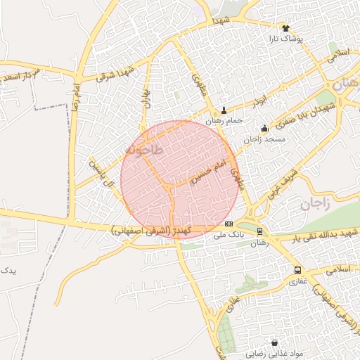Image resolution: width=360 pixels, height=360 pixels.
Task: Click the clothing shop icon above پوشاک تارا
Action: (x=285, y=28)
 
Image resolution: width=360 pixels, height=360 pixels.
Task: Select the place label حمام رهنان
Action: (x=224, y=121)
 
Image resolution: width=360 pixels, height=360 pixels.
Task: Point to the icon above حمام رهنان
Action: (x=224, y=110)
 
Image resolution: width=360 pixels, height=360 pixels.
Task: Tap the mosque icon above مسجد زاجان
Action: (x=264, y=128)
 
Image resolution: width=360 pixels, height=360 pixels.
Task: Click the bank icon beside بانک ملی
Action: (x=228, y=224)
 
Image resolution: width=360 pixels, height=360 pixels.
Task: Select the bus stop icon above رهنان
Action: (x=259, y=231)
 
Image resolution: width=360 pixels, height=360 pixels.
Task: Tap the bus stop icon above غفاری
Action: (x=297, y=270)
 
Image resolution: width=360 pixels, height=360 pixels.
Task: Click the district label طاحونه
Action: (x=143, y=150)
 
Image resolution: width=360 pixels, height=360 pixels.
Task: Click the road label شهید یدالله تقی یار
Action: (x=319, y=232)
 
